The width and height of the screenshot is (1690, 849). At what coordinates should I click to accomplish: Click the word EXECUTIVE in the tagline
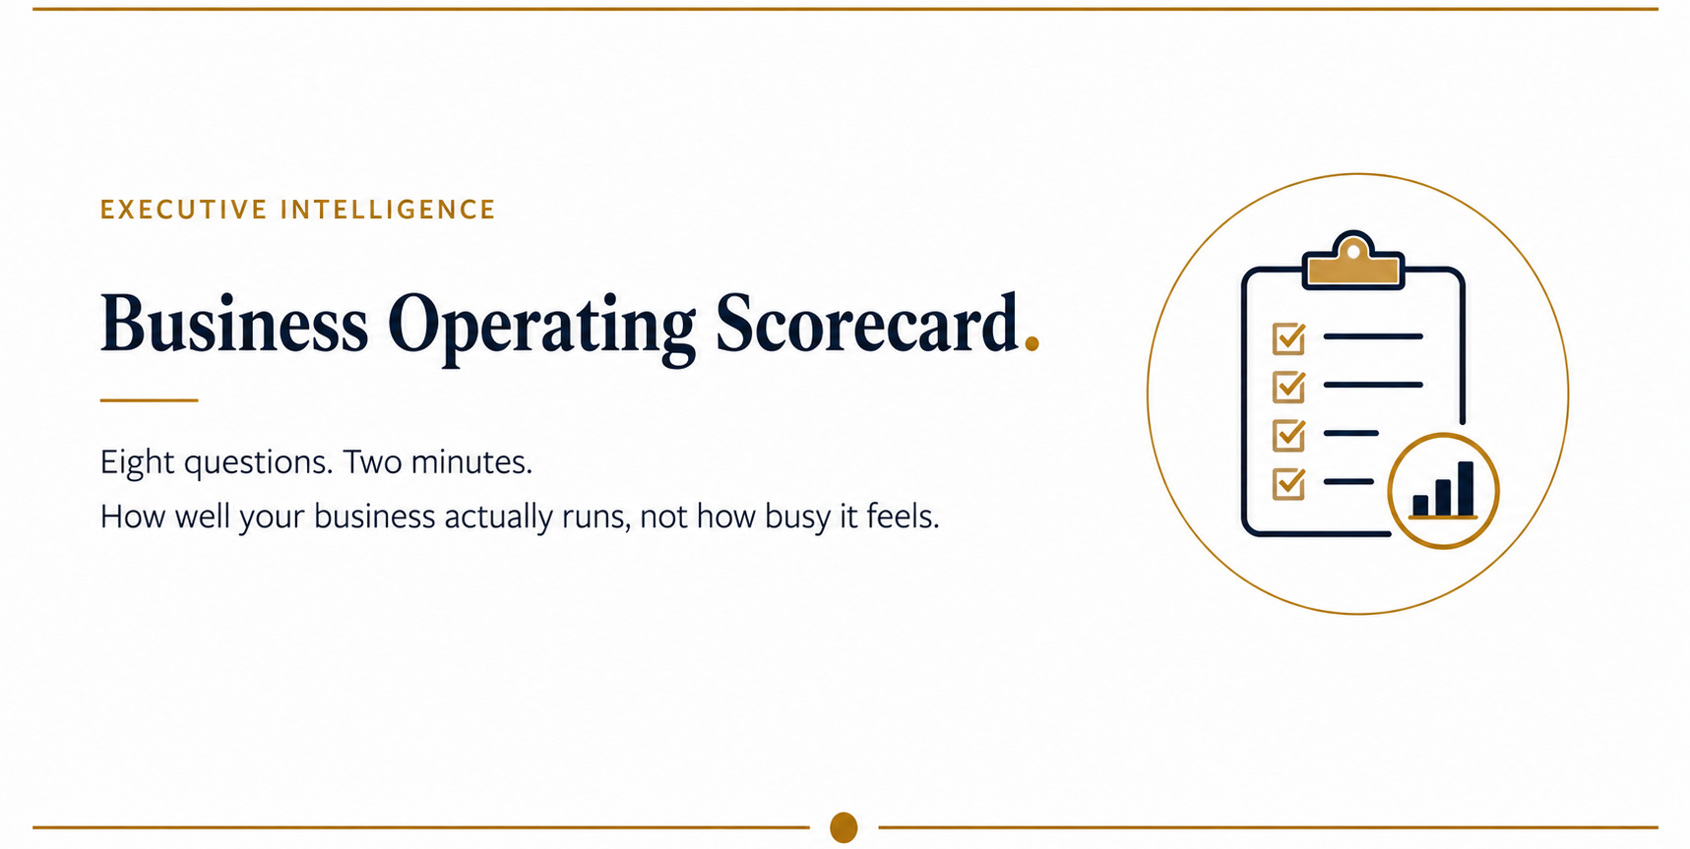[184, 210]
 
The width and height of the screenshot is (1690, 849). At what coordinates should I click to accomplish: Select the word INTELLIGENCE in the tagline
[389, 210]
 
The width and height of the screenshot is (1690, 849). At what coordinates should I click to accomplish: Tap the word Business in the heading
[234, 323]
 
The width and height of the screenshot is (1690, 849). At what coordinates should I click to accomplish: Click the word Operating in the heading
[541, 328]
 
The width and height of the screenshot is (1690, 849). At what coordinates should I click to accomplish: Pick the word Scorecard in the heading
[867, 323]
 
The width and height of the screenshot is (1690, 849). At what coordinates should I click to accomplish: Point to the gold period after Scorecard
[1032, 343]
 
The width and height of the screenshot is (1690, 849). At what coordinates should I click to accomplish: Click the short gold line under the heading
[149, 400]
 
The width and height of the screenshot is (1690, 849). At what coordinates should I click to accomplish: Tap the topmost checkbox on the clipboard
[1288, 338]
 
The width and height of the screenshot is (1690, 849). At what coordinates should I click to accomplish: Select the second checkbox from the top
[1288, 387]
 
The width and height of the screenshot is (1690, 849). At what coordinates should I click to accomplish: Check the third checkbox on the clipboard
[1288, 435]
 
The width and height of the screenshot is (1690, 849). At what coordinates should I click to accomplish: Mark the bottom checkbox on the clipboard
[1288, 483]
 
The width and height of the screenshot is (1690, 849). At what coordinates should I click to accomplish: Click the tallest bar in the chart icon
[1466, 488]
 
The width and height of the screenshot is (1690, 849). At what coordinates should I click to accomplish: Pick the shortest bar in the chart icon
[1420, 505]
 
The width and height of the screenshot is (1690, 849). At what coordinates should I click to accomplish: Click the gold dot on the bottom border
[844, 827]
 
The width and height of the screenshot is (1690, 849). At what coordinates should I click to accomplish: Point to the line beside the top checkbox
[1373, 336]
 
